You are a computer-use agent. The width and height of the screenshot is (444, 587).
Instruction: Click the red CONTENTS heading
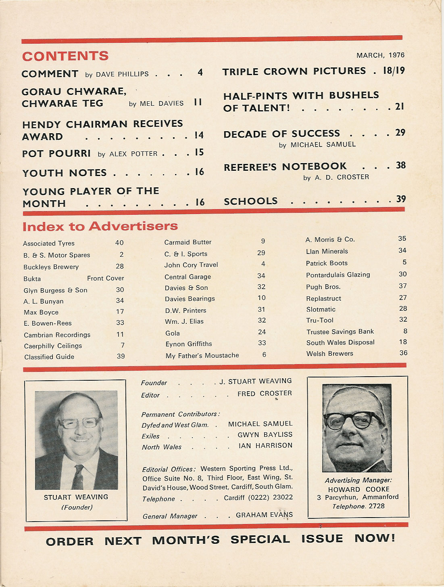pyautogui.click(x=65, y=56)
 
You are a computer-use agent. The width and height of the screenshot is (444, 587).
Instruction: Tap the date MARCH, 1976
pyautogui.click(x=380, y=55)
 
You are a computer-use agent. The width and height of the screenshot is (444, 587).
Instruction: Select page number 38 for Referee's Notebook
pyautogui.click(x=400, y=165)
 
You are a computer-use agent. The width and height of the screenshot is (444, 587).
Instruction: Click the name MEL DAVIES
pyautogui.click(x=162, y=103)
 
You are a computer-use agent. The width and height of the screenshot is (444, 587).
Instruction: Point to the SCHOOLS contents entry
pyautogui.click(x=251, y=201)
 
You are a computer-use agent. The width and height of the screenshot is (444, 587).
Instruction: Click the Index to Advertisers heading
pyautogui.click(x=100, y=226)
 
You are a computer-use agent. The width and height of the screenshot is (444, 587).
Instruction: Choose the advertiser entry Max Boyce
pyautogui.click(x=41, y=312)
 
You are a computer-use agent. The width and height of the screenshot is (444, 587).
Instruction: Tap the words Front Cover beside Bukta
pyautogui.click(x=105, y=278)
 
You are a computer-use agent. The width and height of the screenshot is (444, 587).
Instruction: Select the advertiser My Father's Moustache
pyautogui.click(x=202, y=355)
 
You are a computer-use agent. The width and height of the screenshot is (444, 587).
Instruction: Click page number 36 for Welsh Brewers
pyautogui.click(x=403, y=353)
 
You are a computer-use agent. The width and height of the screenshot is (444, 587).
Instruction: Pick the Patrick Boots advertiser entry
pyautogui.click(x=327, y=263)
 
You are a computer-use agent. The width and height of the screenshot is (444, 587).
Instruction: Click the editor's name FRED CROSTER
pyautogui.click(x=265, y=393)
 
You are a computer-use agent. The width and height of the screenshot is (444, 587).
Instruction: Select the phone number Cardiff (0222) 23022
pyautogui.click(x=258, y=497)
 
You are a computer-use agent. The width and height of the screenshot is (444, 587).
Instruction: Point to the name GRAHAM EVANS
pyautogui.click(x=264, y=515)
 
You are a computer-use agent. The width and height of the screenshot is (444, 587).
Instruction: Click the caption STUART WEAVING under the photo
pyautogui.click(x=76, y=497)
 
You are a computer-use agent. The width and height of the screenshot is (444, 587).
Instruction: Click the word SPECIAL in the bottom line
pyautogui.click(x=260, y=539)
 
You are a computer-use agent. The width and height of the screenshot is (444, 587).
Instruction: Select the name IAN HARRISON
pyautogui.click(x=265, y=445)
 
